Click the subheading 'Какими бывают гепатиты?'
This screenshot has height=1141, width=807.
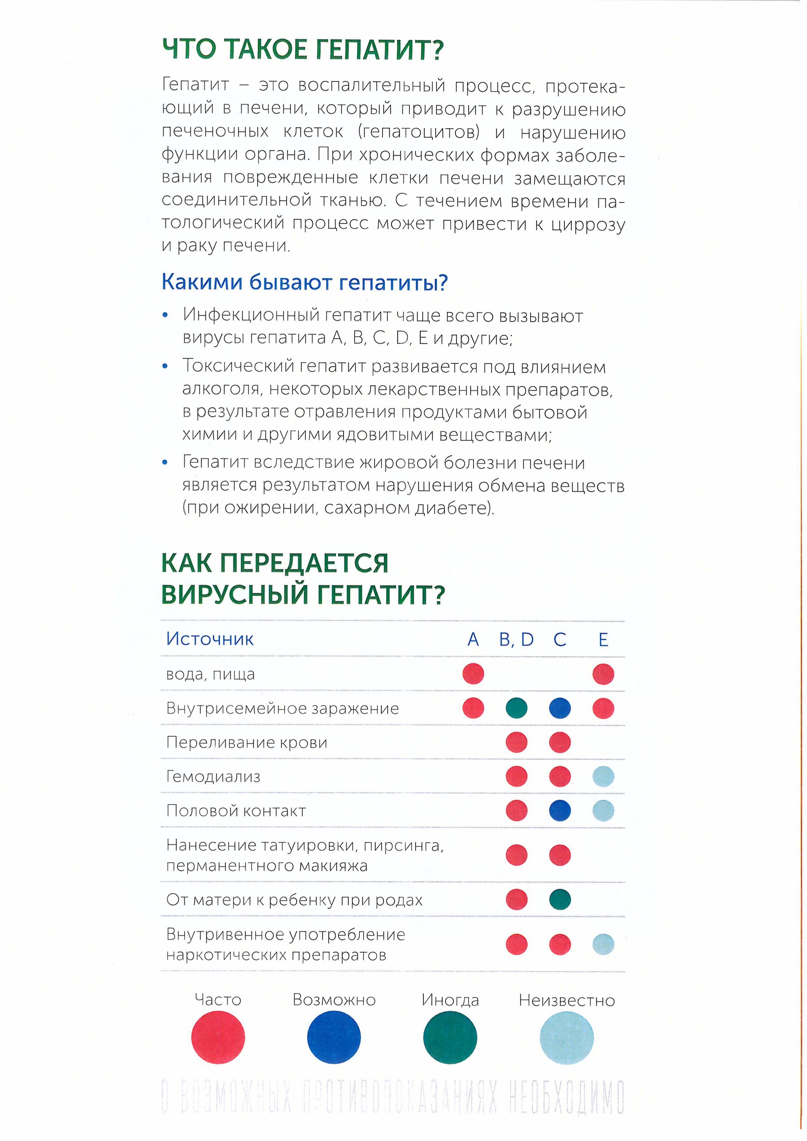pos(304,282)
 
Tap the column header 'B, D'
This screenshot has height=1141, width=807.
pos(516,639)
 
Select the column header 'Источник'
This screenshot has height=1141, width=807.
pos(210,638)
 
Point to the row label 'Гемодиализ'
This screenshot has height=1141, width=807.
pos(213,776)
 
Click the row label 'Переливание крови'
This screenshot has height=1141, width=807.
pos(247,743)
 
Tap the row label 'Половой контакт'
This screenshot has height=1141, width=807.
pos(236,811)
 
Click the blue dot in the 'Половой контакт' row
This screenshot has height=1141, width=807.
pos(560,811)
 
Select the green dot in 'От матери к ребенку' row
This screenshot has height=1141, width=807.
pos(560,899)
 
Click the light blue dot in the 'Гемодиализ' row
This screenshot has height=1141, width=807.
pos(603,776)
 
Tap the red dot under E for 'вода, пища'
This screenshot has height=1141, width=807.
pos(603,674)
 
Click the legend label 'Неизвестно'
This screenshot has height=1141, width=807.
pos(567,1000)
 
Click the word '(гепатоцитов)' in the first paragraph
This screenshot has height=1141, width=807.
pos(418,132)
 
